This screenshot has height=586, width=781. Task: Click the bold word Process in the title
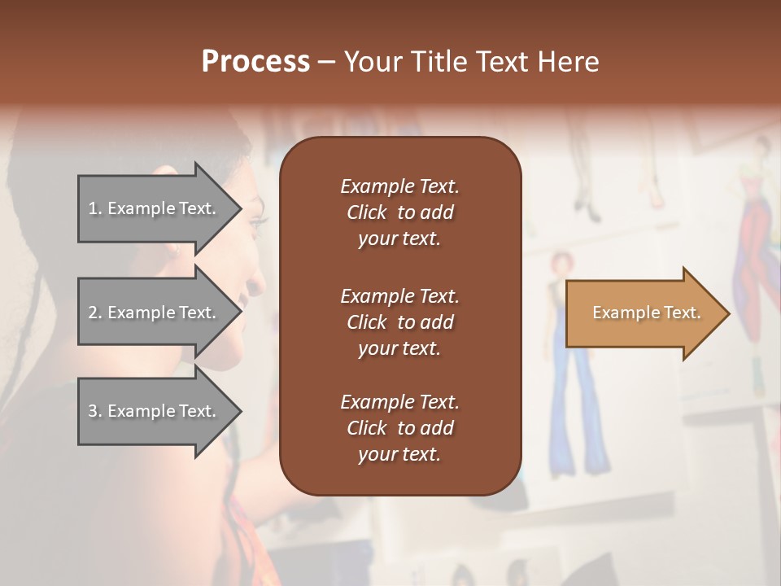(255, 62)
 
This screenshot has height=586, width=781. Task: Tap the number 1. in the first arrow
(95, 209)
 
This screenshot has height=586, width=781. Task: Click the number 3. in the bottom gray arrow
(95, 412)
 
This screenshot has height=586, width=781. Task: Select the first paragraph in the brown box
(399, 212)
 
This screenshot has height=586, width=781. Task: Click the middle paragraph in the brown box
(399, 322)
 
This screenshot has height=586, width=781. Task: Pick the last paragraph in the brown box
(399, 428)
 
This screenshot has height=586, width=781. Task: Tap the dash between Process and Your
(326, 63)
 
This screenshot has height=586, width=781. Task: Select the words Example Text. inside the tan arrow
(646, 313)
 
